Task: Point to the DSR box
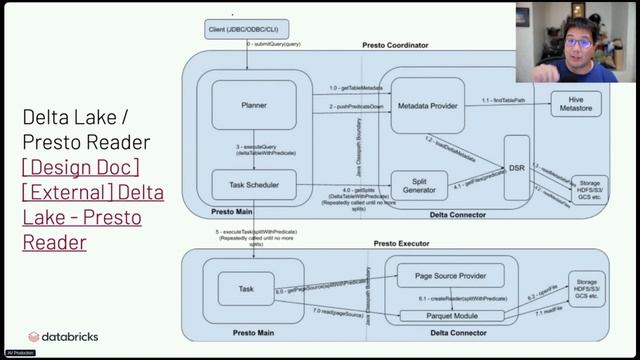[x=516, y=167]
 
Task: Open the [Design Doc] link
[x=80, y=166]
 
